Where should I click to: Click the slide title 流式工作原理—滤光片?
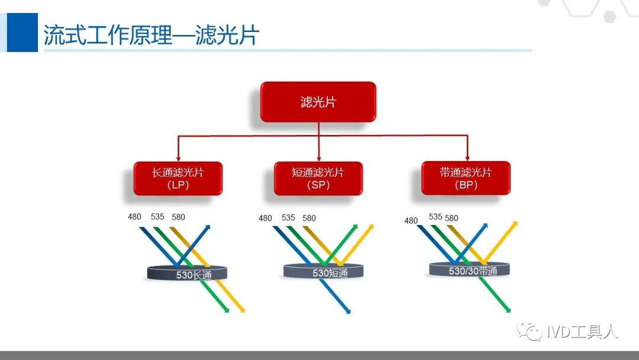point(151,35)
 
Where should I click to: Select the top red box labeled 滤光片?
point(318,102)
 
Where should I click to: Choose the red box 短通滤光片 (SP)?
point(318,178)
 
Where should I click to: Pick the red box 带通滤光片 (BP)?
point(466,178)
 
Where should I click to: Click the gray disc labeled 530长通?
point(188,273)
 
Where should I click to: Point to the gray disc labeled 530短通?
point(323,272)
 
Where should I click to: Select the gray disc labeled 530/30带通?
point(470,269)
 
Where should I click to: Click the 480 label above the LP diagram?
point(135,217)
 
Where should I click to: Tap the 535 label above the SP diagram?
point(288,218)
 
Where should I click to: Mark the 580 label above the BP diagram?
point(451,218)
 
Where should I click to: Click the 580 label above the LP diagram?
point(178,217)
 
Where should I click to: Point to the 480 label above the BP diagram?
point(411,220)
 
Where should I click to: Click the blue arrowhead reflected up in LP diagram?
point(208,227)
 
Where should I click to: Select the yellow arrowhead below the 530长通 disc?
point(242,310)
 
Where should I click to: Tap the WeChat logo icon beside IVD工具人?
point(530,332)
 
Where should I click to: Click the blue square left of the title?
point(22,33)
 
